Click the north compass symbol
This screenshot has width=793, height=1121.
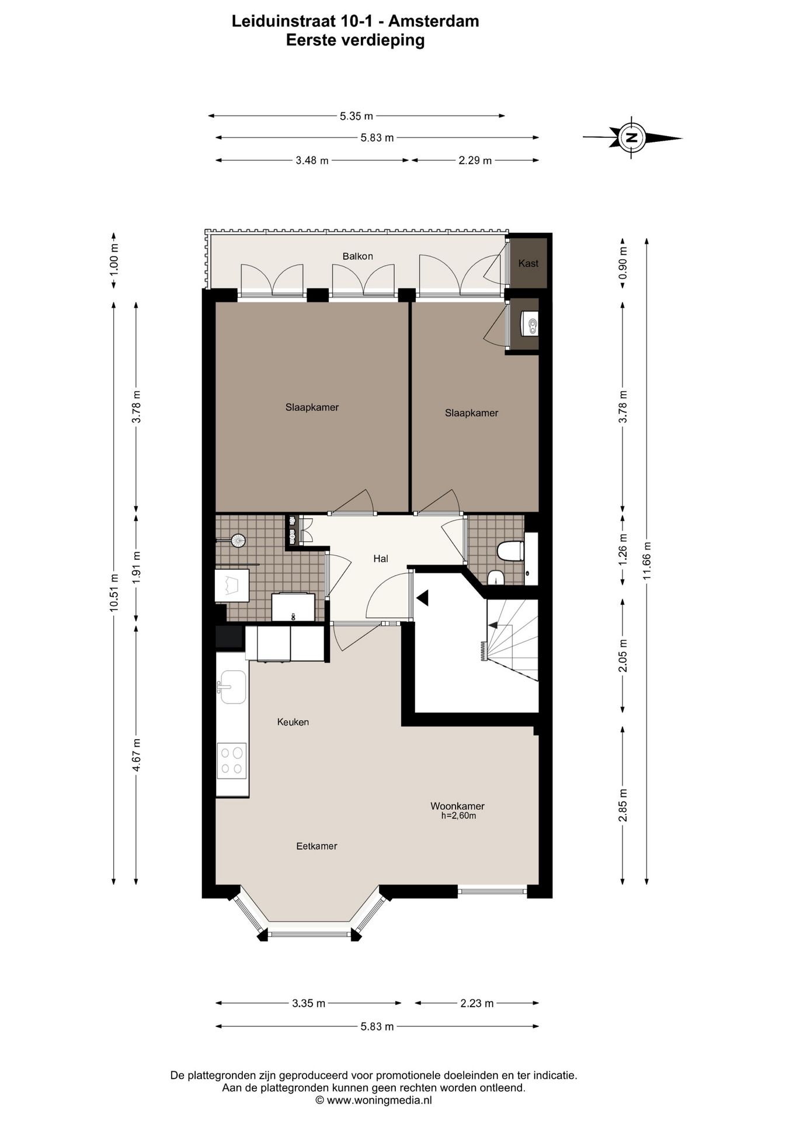pos(631,138)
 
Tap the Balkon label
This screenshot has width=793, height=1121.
pos(357,256)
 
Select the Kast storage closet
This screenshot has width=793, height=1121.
pos(528,263)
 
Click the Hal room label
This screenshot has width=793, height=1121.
pos(381,559)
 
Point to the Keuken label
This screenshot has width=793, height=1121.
pos(293,722)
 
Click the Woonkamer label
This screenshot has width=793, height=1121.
pos(458,806)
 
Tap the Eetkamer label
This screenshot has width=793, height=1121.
pos(316,846)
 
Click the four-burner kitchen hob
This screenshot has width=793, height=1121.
pos(232,761)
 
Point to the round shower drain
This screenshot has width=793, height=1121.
pos(238,541)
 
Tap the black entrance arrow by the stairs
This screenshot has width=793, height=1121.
pos(423,598)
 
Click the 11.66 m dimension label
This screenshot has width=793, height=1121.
pos(646,561)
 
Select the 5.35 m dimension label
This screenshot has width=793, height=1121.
pos(356,116)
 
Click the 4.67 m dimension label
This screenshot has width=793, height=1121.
pos(136,755)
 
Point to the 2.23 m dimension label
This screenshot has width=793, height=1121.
pos(477,1003)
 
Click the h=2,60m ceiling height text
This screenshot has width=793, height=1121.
pos(458,816)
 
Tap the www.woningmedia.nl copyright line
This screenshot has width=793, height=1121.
pos(374,1100)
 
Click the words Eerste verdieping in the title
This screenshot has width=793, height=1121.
pos(355,40)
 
